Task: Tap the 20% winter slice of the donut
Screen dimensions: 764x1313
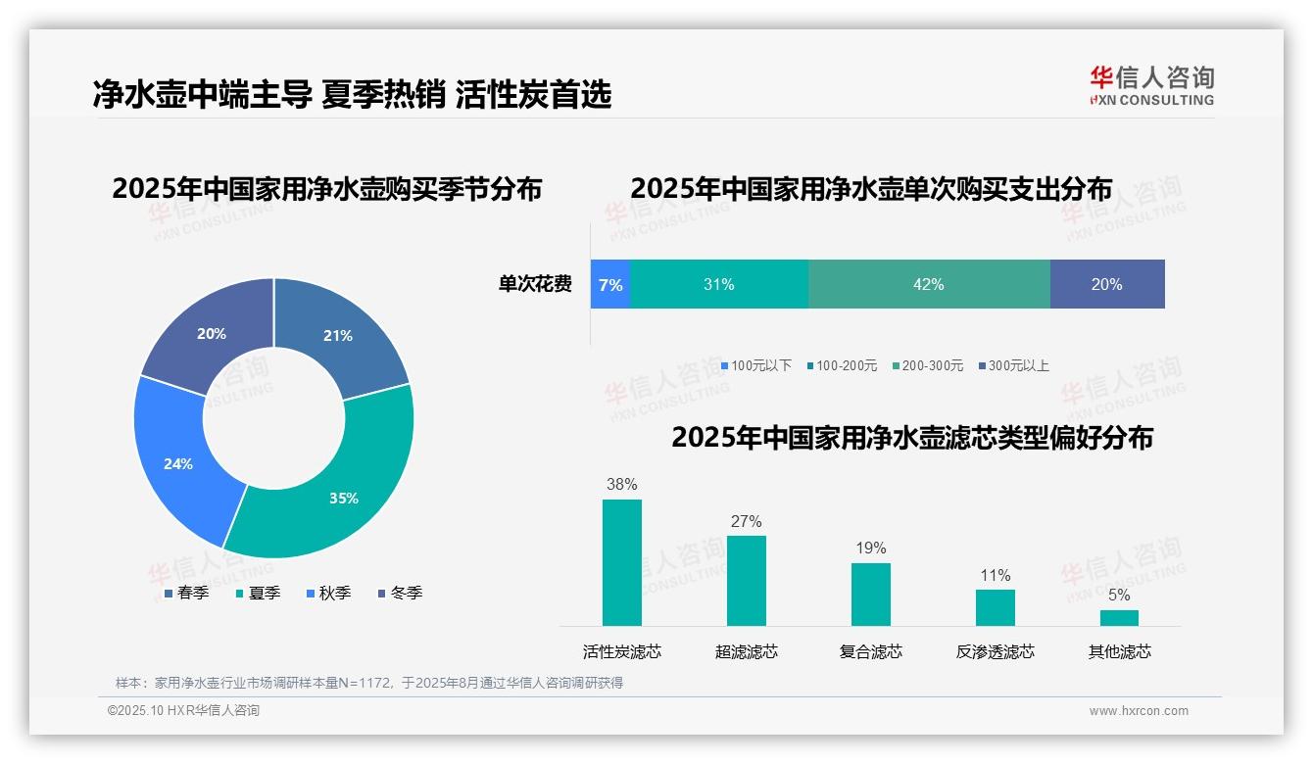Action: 211,333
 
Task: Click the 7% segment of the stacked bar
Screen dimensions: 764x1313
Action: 610,285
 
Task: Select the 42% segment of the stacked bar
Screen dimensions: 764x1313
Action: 928,285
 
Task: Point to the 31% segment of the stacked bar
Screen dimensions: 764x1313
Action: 718,285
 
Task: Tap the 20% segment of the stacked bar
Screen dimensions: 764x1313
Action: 1106,285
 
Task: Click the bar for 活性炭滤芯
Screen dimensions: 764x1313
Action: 622,562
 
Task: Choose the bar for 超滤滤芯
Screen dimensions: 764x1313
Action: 747,580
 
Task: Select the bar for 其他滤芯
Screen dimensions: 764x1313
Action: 1119,618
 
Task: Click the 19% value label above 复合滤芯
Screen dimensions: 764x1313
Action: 870,549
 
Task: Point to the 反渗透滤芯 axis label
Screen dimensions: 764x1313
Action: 995,652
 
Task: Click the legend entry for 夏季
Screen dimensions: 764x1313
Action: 259,594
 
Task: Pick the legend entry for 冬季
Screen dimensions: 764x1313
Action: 401,594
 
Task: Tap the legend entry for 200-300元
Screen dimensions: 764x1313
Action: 927,366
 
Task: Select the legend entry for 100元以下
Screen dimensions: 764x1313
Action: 756,366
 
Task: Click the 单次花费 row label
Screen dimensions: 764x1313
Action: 535,285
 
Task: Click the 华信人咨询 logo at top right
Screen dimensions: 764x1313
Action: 1151,85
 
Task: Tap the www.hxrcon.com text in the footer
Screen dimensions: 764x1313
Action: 1139,711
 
